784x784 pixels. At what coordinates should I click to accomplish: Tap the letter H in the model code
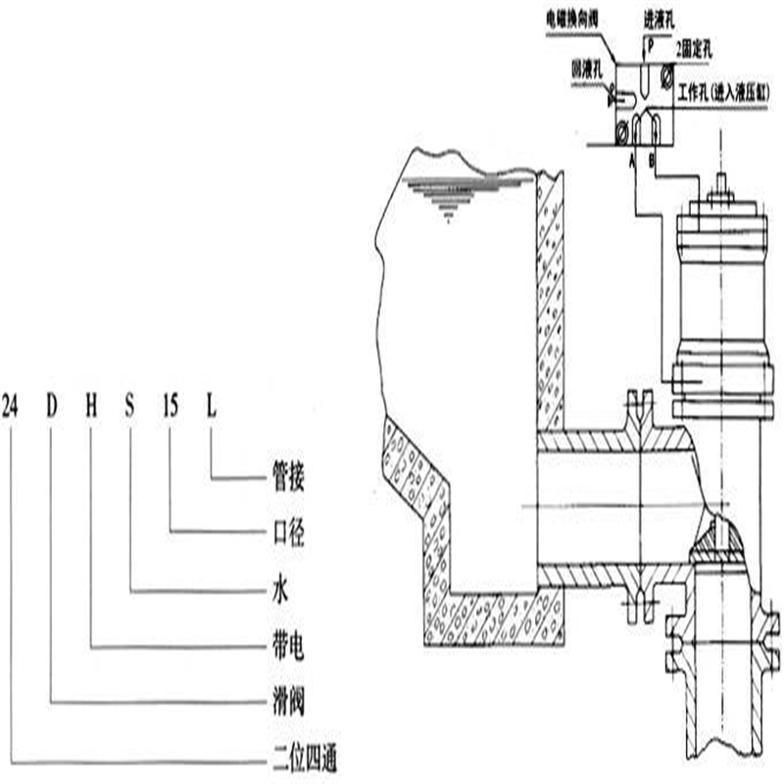click(91, 405)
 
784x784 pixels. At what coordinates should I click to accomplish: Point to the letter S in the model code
click(130, 405)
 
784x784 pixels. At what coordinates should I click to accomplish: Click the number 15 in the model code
click(171, 405)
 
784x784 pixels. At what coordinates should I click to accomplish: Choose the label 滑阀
click(285, 704)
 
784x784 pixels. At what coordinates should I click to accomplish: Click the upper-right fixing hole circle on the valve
click(666, 73)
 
